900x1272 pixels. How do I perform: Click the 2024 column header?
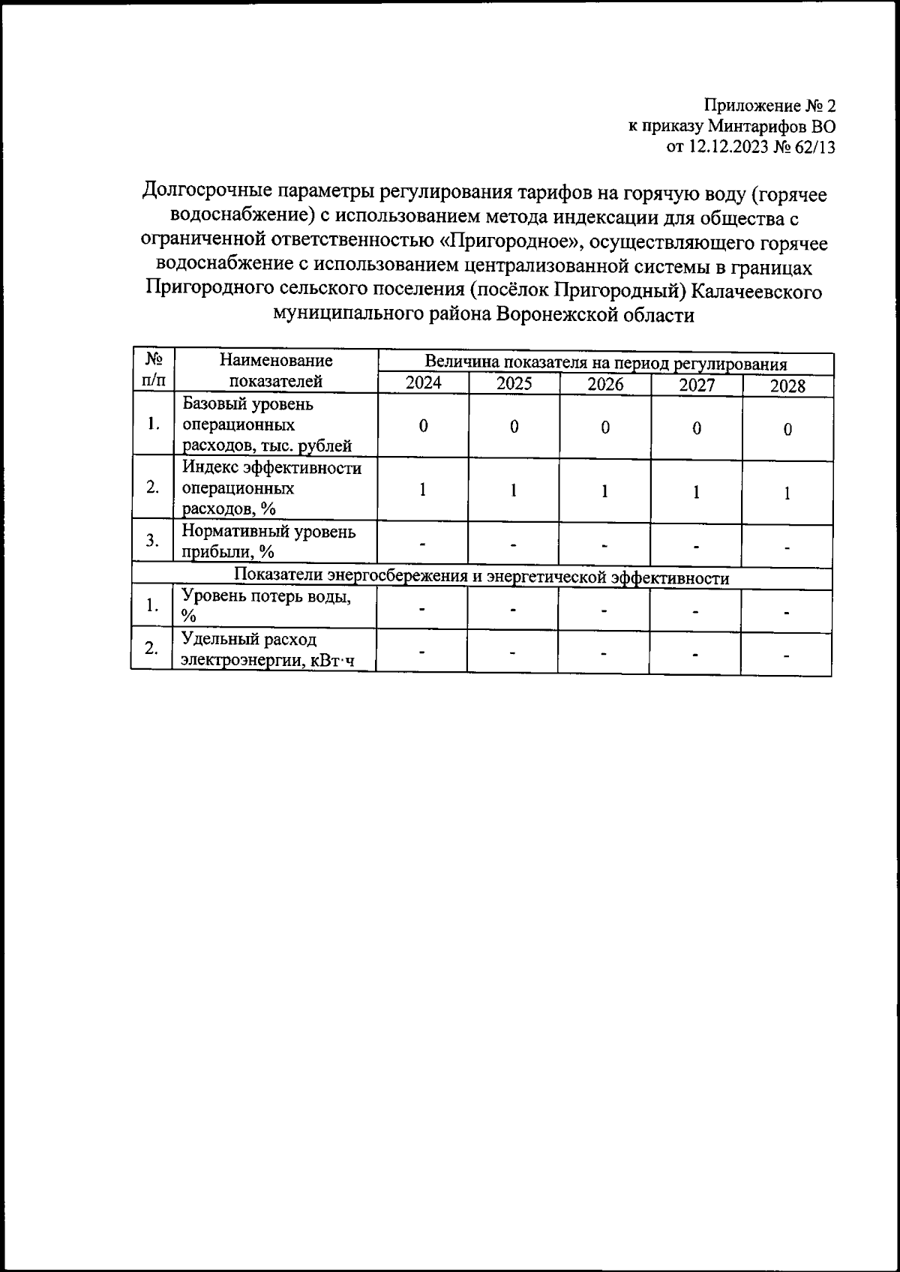pos(423,383)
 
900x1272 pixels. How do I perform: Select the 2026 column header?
pos(605,385)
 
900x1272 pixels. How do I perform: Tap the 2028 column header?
pos(787,386)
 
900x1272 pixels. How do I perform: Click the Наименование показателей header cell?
pos(276,370)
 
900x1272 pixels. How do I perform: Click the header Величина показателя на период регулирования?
pos(605,364)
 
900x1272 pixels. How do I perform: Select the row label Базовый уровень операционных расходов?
pos(267,425)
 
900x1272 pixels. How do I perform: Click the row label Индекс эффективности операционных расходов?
pos(271,488)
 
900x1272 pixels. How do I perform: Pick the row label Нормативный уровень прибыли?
pos(268,541)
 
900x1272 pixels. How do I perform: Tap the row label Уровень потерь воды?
pos(266,606)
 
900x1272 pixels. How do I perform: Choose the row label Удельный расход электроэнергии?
pos(266,649)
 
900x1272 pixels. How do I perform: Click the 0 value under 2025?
pos(514,427)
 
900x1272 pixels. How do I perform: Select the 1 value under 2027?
pos(697,492)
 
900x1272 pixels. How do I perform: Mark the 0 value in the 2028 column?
pos(787,430)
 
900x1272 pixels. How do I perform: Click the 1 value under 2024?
pos(423,490)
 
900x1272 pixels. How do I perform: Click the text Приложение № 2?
pos(769,105)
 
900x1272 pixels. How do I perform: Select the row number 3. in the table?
pos(153,541)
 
